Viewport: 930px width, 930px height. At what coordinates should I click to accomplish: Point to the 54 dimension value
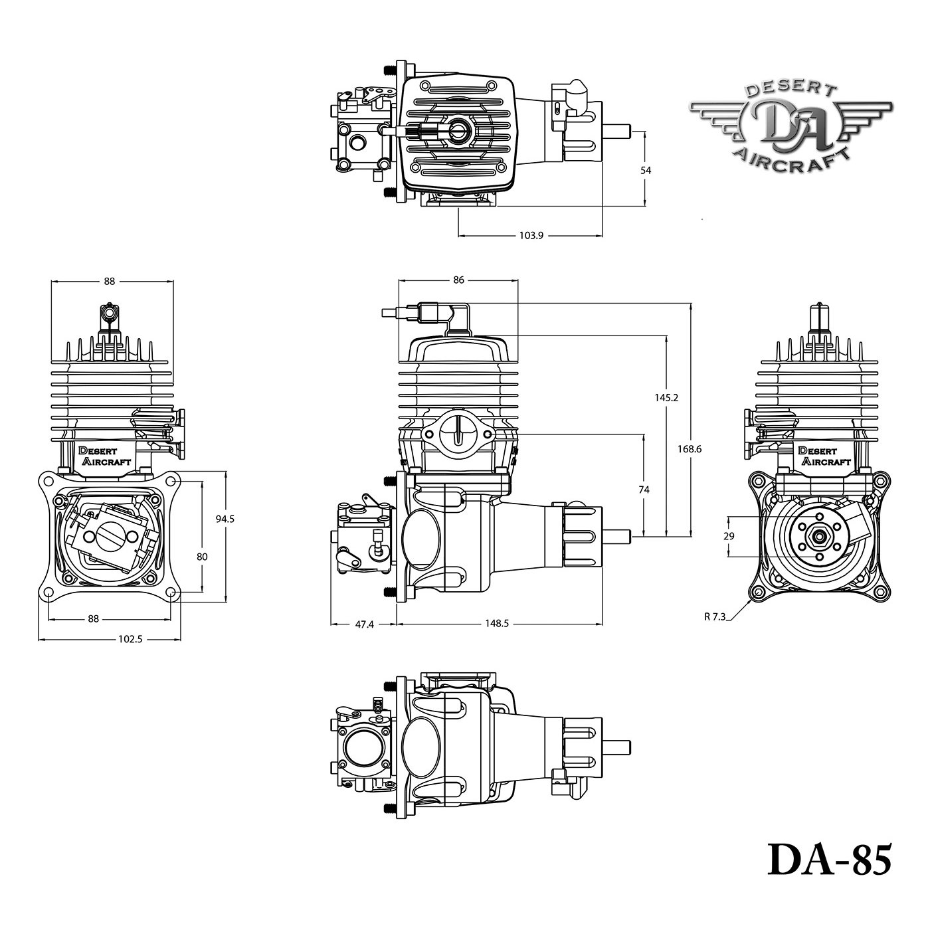click(x=645, y=170)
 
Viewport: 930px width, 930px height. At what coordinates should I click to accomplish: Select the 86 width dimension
click(x=458, y=280)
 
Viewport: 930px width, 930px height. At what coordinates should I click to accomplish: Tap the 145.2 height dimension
click(x=666, y=397)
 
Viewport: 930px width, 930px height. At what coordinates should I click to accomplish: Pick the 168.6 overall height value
click(x=690, y=449)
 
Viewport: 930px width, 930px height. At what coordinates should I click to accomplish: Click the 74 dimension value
click(x=643, y=490)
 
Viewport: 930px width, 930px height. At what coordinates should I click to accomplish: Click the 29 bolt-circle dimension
click(x=729, y=535)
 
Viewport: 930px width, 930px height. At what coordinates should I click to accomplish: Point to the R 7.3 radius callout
click(x=715, y=616)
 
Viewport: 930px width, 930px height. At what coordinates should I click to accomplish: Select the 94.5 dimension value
click(x=225, y=519)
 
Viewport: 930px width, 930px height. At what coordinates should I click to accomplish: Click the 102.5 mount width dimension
click(x=131, y=639)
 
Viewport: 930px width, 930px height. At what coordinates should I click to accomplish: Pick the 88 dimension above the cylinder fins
click(x=109, y=281)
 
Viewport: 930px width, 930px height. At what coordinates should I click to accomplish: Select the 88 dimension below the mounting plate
click(x=93, y=618)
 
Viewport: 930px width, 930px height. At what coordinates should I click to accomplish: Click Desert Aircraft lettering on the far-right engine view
click(x=824, y=456)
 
